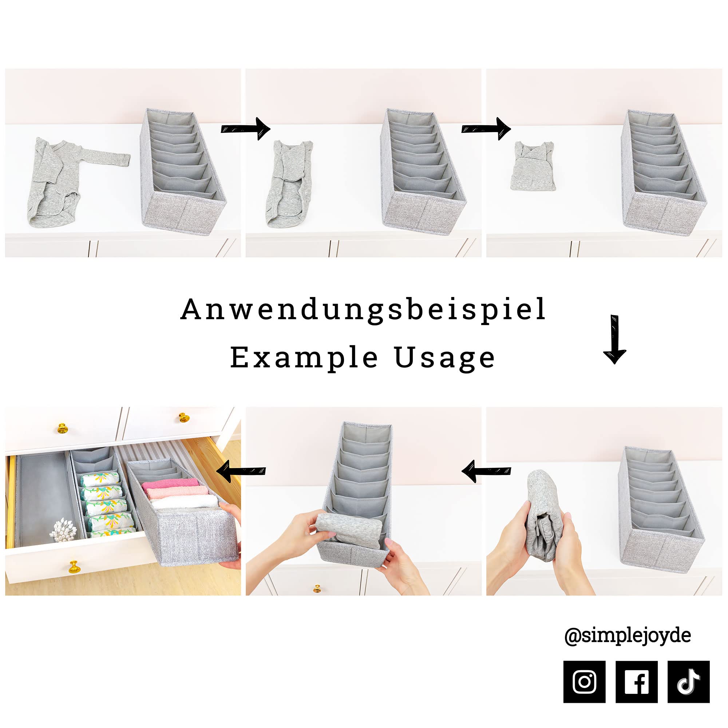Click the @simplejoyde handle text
[x=628, y=636]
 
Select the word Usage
[x=445, y=358]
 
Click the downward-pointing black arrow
[x=614, y=339]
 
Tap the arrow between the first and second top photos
[x=245, y=129]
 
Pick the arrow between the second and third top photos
[x=486, y=129]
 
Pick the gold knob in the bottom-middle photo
[x=317, y=588]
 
